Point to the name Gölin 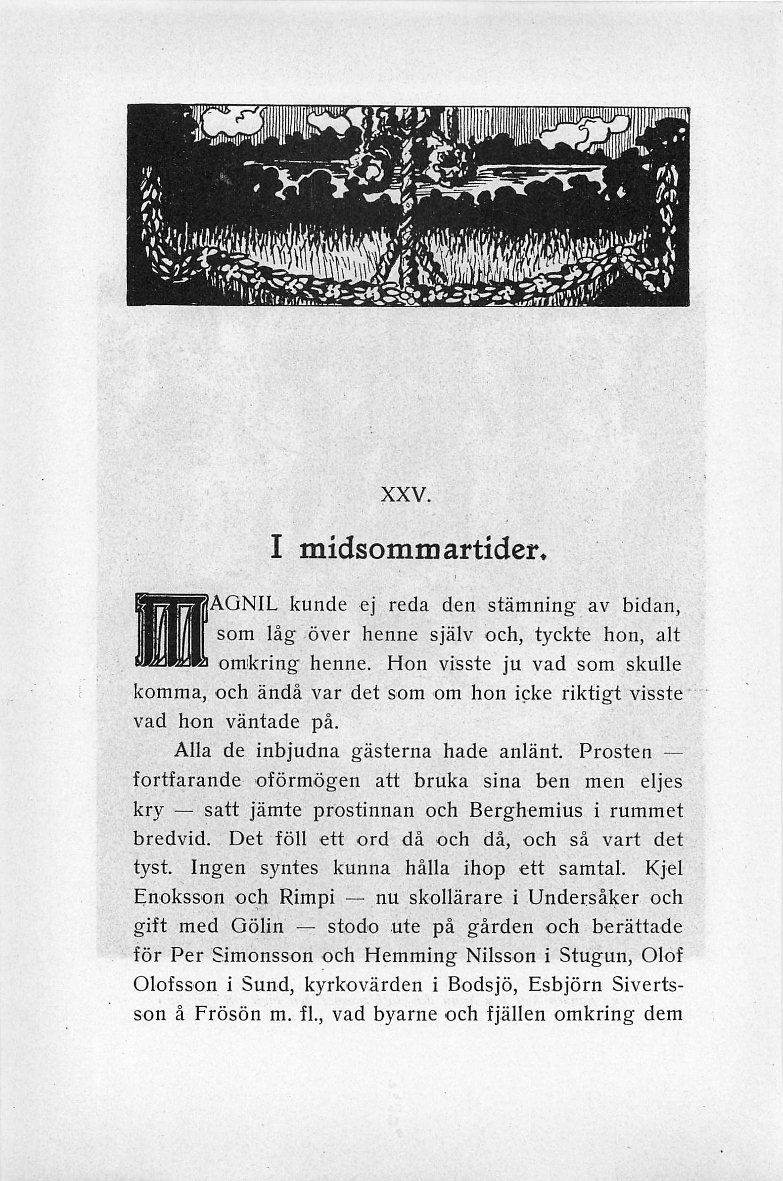tap(258, 927)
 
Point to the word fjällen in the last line tap(516, 1014)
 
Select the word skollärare tap(452, 898)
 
